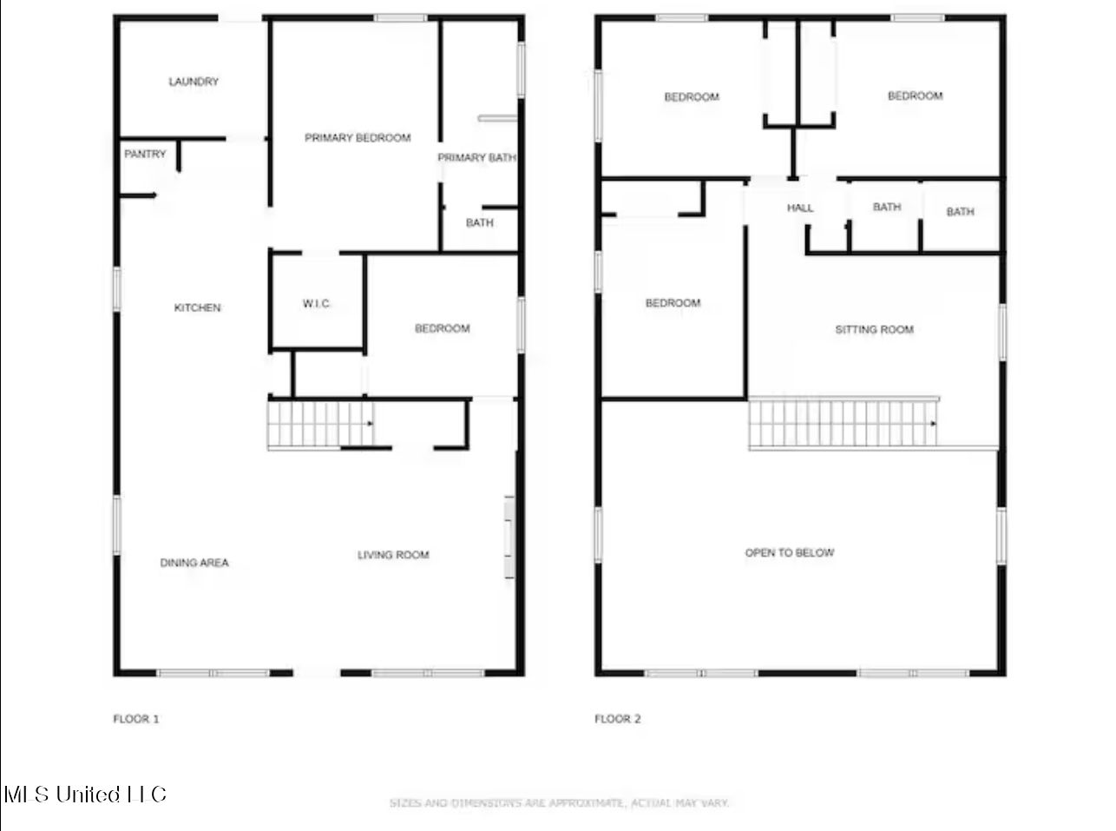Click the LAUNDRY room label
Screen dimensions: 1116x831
(194, 82)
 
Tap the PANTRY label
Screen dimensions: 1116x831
(145, 154)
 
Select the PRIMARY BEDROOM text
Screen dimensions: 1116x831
(358, 138)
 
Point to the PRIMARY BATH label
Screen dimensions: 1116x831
(476, 158)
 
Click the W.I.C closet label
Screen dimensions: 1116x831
(316, 304)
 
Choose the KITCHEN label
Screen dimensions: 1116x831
(197, 307)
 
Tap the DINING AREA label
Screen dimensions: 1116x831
(194, 563)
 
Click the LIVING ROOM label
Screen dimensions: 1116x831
(393, 555)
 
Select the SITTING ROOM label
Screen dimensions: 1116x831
(874, 330)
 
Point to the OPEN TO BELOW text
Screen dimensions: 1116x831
(790, 553)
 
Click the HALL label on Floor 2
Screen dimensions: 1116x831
(800, 208)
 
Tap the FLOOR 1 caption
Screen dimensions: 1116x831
(136, 719)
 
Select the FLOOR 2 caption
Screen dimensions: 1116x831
(617, 719)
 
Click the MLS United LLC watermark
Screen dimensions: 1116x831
(85, 795)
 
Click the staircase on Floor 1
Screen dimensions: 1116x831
(320, 424)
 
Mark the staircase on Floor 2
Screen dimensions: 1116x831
(843, 423)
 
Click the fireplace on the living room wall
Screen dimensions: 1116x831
(509, 537)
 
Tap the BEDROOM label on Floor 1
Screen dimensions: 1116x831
(443, 329)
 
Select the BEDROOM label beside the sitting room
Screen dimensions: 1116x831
(673, 303)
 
